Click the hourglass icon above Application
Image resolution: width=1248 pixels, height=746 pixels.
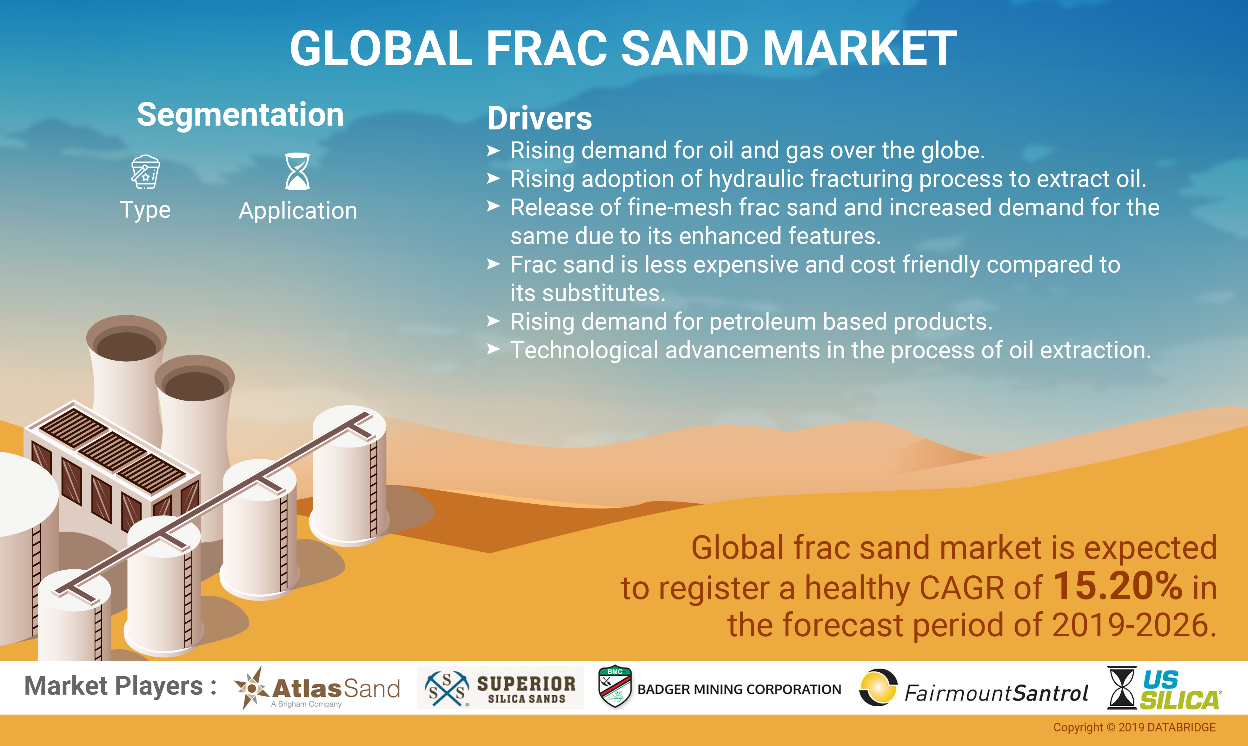[x=297, y=171]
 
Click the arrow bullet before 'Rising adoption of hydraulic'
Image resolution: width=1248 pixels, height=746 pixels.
[x=494, y=179]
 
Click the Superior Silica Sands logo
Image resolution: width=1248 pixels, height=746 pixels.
[x=500, y=688]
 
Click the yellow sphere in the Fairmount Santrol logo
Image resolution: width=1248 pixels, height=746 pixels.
[x=878, y=688]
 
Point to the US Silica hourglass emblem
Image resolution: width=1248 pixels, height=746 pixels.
[x=1122, y=688]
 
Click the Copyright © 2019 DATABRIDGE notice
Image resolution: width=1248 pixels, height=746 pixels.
[x=1134, y=727]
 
